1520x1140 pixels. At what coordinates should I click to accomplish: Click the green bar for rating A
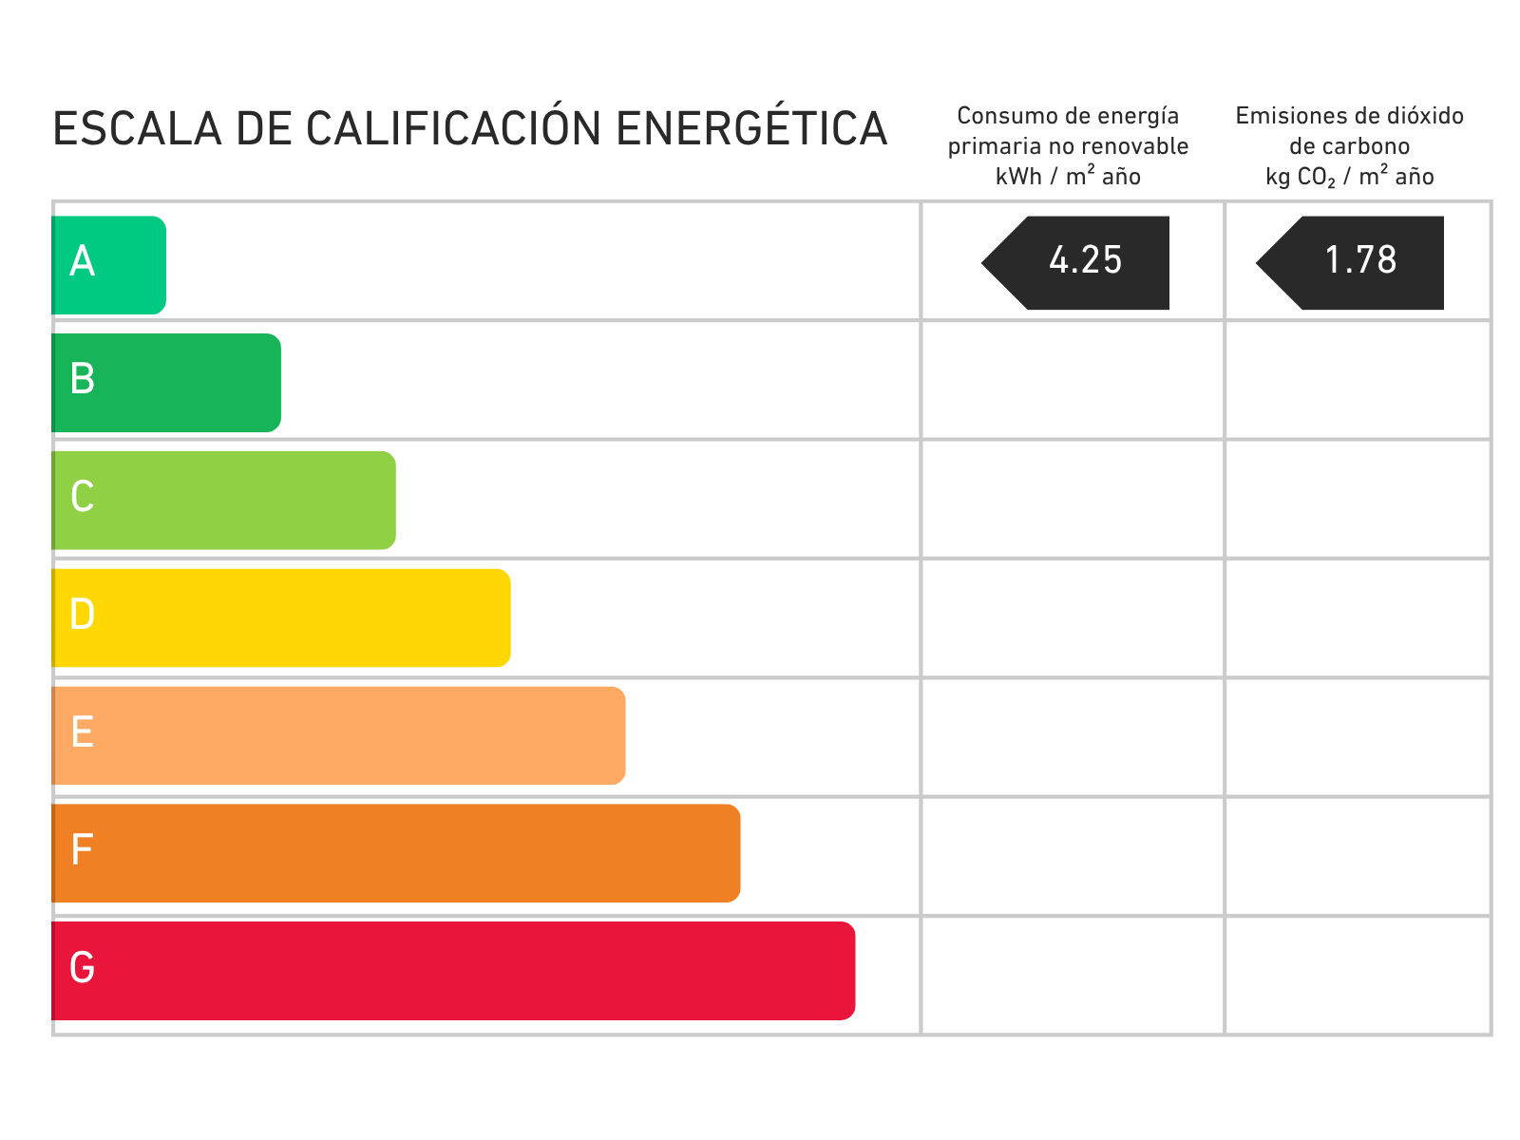109,265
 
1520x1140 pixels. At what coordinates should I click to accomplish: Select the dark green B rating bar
166,383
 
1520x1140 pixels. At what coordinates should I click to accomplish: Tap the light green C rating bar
224,501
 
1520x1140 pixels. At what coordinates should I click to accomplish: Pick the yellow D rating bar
281,617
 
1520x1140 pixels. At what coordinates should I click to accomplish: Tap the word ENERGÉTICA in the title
751,129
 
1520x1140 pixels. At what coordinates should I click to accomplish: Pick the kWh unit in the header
1018,177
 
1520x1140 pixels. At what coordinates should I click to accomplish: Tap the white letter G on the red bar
83,968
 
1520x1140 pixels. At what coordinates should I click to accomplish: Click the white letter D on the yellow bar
83,615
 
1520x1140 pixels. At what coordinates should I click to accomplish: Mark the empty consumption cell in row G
1073,975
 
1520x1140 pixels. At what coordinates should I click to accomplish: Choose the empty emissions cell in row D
1358,618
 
